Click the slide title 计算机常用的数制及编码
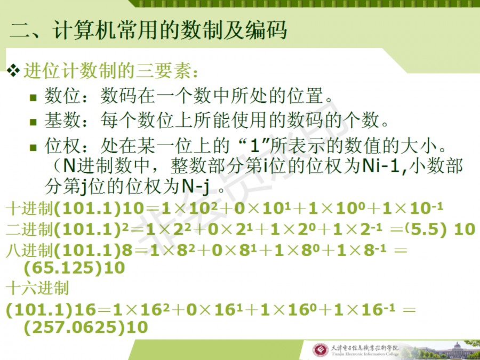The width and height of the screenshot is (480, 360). [x=170, y=30]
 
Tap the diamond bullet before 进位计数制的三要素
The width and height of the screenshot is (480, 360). [x=13, y=71]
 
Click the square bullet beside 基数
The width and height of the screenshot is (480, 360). [x=33, y=122]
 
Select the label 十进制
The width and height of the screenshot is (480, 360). [x=29, y=209]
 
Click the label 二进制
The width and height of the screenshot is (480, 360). [x=29, y=229]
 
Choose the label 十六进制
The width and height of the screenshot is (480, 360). [x=37, y=288]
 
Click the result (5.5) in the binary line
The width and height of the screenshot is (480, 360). [x=428, y=229]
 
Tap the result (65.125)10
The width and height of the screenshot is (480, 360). [x=74, y=268]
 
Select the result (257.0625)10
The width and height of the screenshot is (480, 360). [x=86, y=327]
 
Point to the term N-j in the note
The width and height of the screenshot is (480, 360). [x=196, y=186]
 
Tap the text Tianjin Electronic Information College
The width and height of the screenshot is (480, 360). [x=365, y=354]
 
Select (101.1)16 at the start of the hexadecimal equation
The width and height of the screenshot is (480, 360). [x=51, y=310]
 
